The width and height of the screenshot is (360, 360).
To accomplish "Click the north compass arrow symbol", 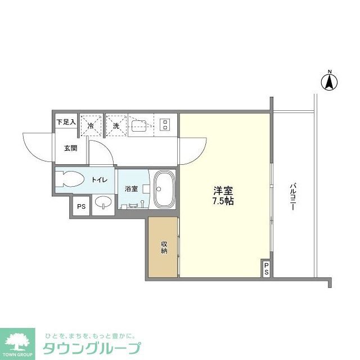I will pyautogui.click(x=330, y=82).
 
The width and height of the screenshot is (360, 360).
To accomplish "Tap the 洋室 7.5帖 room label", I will pyautogui.click(x=223, y=195).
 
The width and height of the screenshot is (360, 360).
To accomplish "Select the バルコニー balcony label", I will pyautogui.click(x=292, y=196).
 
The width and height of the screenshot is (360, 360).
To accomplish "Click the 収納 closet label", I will pyautogui.click(x=164, y=247).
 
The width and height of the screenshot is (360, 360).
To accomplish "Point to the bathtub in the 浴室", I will pyautogui.click(x=164, y=190).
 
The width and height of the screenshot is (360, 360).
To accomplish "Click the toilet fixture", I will pyautogui.click(x=70, y=180).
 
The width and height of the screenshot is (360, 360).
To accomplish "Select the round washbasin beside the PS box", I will pyautogui.click(x=102, y=204).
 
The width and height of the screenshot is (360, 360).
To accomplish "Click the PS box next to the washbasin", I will pyautogui.click(x=81, y=206).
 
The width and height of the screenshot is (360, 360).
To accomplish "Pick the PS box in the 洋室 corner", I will pyautogui.click(x=267, y=269).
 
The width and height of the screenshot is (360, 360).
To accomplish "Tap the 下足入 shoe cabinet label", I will pyautogui.click(x=66, y=121).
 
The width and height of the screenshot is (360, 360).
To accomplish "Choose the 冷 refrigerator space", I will pyautogui.click(x=90, y=126).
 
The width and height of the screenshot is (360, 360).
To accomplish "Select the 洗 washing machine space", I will pyautogui.click(x=116, y=126).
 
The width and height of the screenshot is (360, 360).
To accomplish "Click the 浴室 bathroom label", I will pyautogui.click(x=131, y=190).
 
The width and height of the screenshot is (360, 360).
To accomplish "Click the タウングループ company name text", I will pyautogui.click(x=91, y=348).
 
